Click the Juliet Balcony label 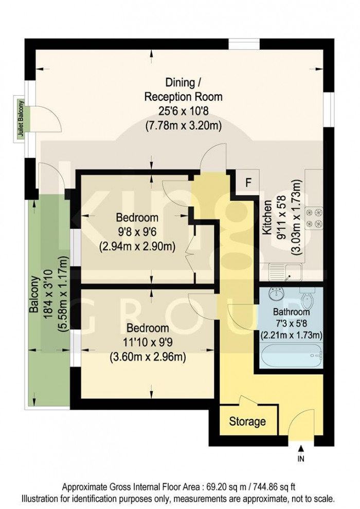(x=22, y=118)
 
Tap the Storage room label (x=247, y=422)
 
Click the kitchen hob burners (x=314, y=218)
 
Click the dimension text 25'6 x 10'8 (x=183, y=111)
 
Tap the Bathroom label (x=291, y=312)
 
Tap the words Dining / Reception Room (x=183, y=89)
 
